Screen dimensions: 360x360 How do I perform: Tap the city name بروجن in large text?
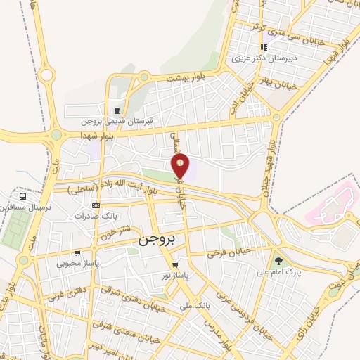coord(149,239)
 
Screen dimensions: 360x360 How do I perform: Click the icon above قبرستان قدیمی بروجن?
coord(116,110)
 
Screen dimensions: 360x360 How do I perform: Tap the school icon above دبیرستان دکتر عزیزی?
coord(264,48)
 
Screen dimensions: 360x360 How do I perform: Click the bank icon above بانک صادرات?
coord(96,205)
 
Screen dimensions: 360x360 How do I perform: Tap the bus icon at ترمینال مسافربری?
coord(24,197)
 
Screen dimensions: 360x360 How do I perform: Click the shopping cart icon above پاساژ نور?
coord(175,265)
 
